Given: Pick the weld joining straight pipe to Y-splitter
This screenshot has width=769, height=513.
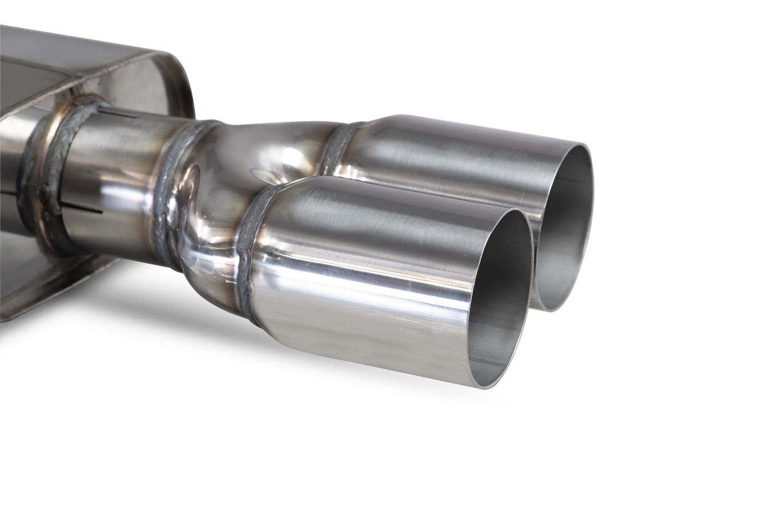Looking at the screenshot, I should tap(178, 176).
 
